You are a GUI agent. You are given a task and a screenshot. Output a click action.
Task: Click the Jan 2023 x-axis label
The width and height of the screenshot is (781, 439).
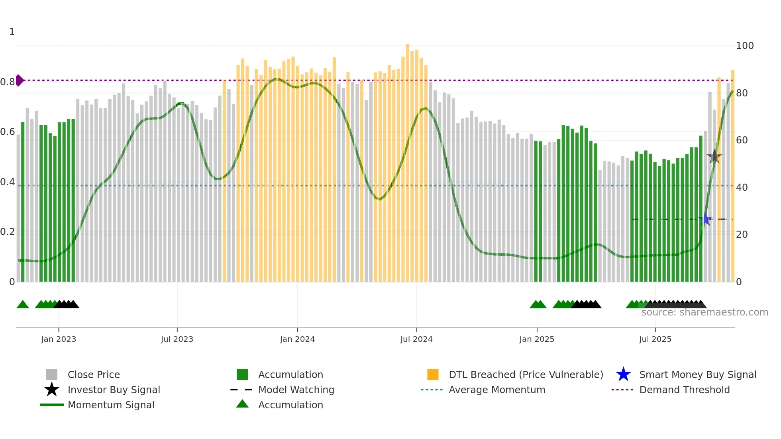[x=59, y=339]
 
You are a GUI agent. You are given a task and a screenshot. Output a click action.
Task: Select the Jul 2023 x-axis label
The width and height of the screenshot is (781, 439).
[x=177, y=339]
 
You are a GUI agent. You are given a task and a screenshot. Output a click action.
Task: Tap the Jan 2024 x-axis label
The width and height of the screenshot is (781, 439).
[x=297, y=339]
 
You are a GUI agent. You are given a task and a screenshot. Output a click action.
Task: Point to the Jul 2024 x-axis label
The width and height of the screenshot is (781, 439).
[x=416, y=339]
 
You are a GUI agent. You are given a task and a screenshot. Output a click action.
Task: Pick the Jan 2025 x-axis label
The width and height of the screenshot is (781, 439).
[x=537, y=339]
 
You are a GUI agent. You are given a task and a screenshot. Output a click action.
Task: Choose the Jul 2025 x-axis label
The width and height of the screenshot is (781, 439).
[x=655, y=339]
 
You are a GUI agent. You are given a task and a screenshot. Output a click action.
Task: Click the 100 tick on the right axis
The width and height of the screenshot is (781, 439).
[x=745, y=46]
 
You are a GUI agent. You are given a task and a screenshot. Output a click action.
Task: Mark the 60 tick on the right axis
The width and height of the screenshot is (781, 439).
[x=742, y=140]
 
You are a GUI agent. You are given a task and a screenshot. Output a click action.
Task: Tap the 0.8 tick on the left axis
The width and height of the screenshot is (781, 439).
[x=8, y=82]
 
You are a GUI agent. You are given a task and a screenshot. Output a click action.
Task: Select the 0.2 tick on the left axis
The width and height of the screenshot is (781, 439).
[x=8, y=232]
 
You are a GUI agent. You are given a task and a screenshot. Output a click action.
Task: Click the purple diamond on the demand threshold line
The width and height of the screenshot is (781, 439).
[x=20, y=80]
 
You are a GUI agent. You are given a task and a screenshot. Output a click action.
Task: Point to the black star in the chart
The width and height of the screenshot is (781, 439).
[x=714, y=157]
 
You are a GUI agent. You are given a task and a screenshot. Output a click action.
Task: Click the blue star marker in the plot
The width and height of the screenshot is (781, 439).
[x=705, y=219]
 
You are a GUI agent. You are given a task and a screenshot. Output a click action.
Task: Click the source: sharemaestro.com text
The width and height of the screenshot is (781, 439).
[x=704, y=312]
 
